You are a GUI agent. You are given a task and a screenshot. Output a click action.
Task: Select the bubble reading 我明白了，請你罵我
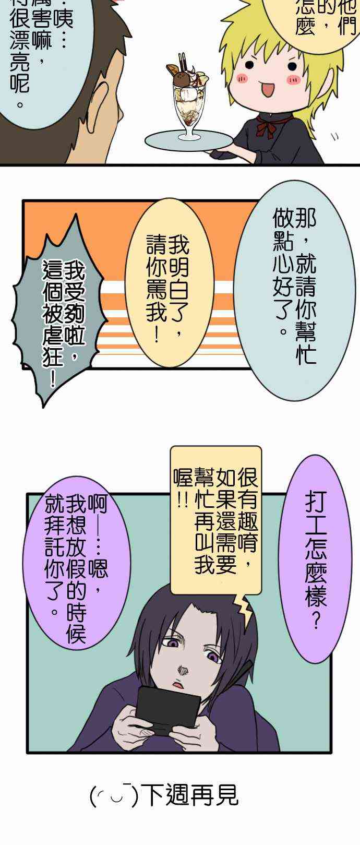[168, 282]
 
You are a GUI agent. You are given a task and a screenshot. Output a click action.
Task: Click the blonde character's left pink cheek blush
[242, 78]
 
